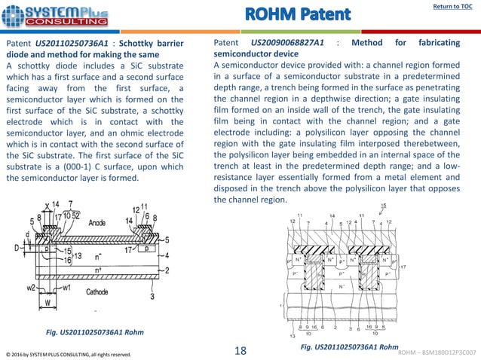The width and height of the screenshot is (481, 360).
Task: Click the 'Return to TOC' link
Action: coord(451,7)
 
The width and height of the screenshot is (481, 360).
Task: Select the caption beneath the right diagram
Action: coord(349,346)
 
